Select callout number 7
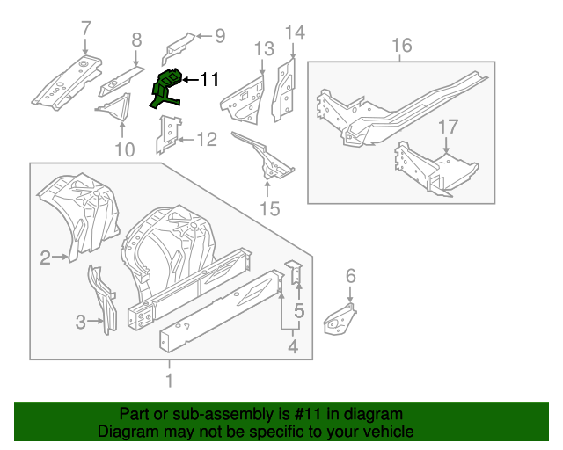(85, 28)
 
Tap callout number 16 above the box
(401, 46)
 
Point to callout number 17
(448, 127)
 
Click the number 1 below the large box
(169, 381)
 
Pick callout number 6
(350, 277)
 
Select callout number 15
(269, 208)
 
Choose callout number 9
(219, 36)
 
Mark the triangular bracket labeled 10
(113, 108)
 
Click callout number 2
(45, 258)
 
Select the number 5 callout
(298, 310)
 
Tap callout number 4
(292, 349)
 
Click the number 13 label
(265, 48)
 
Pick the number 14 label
(294, 33)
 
